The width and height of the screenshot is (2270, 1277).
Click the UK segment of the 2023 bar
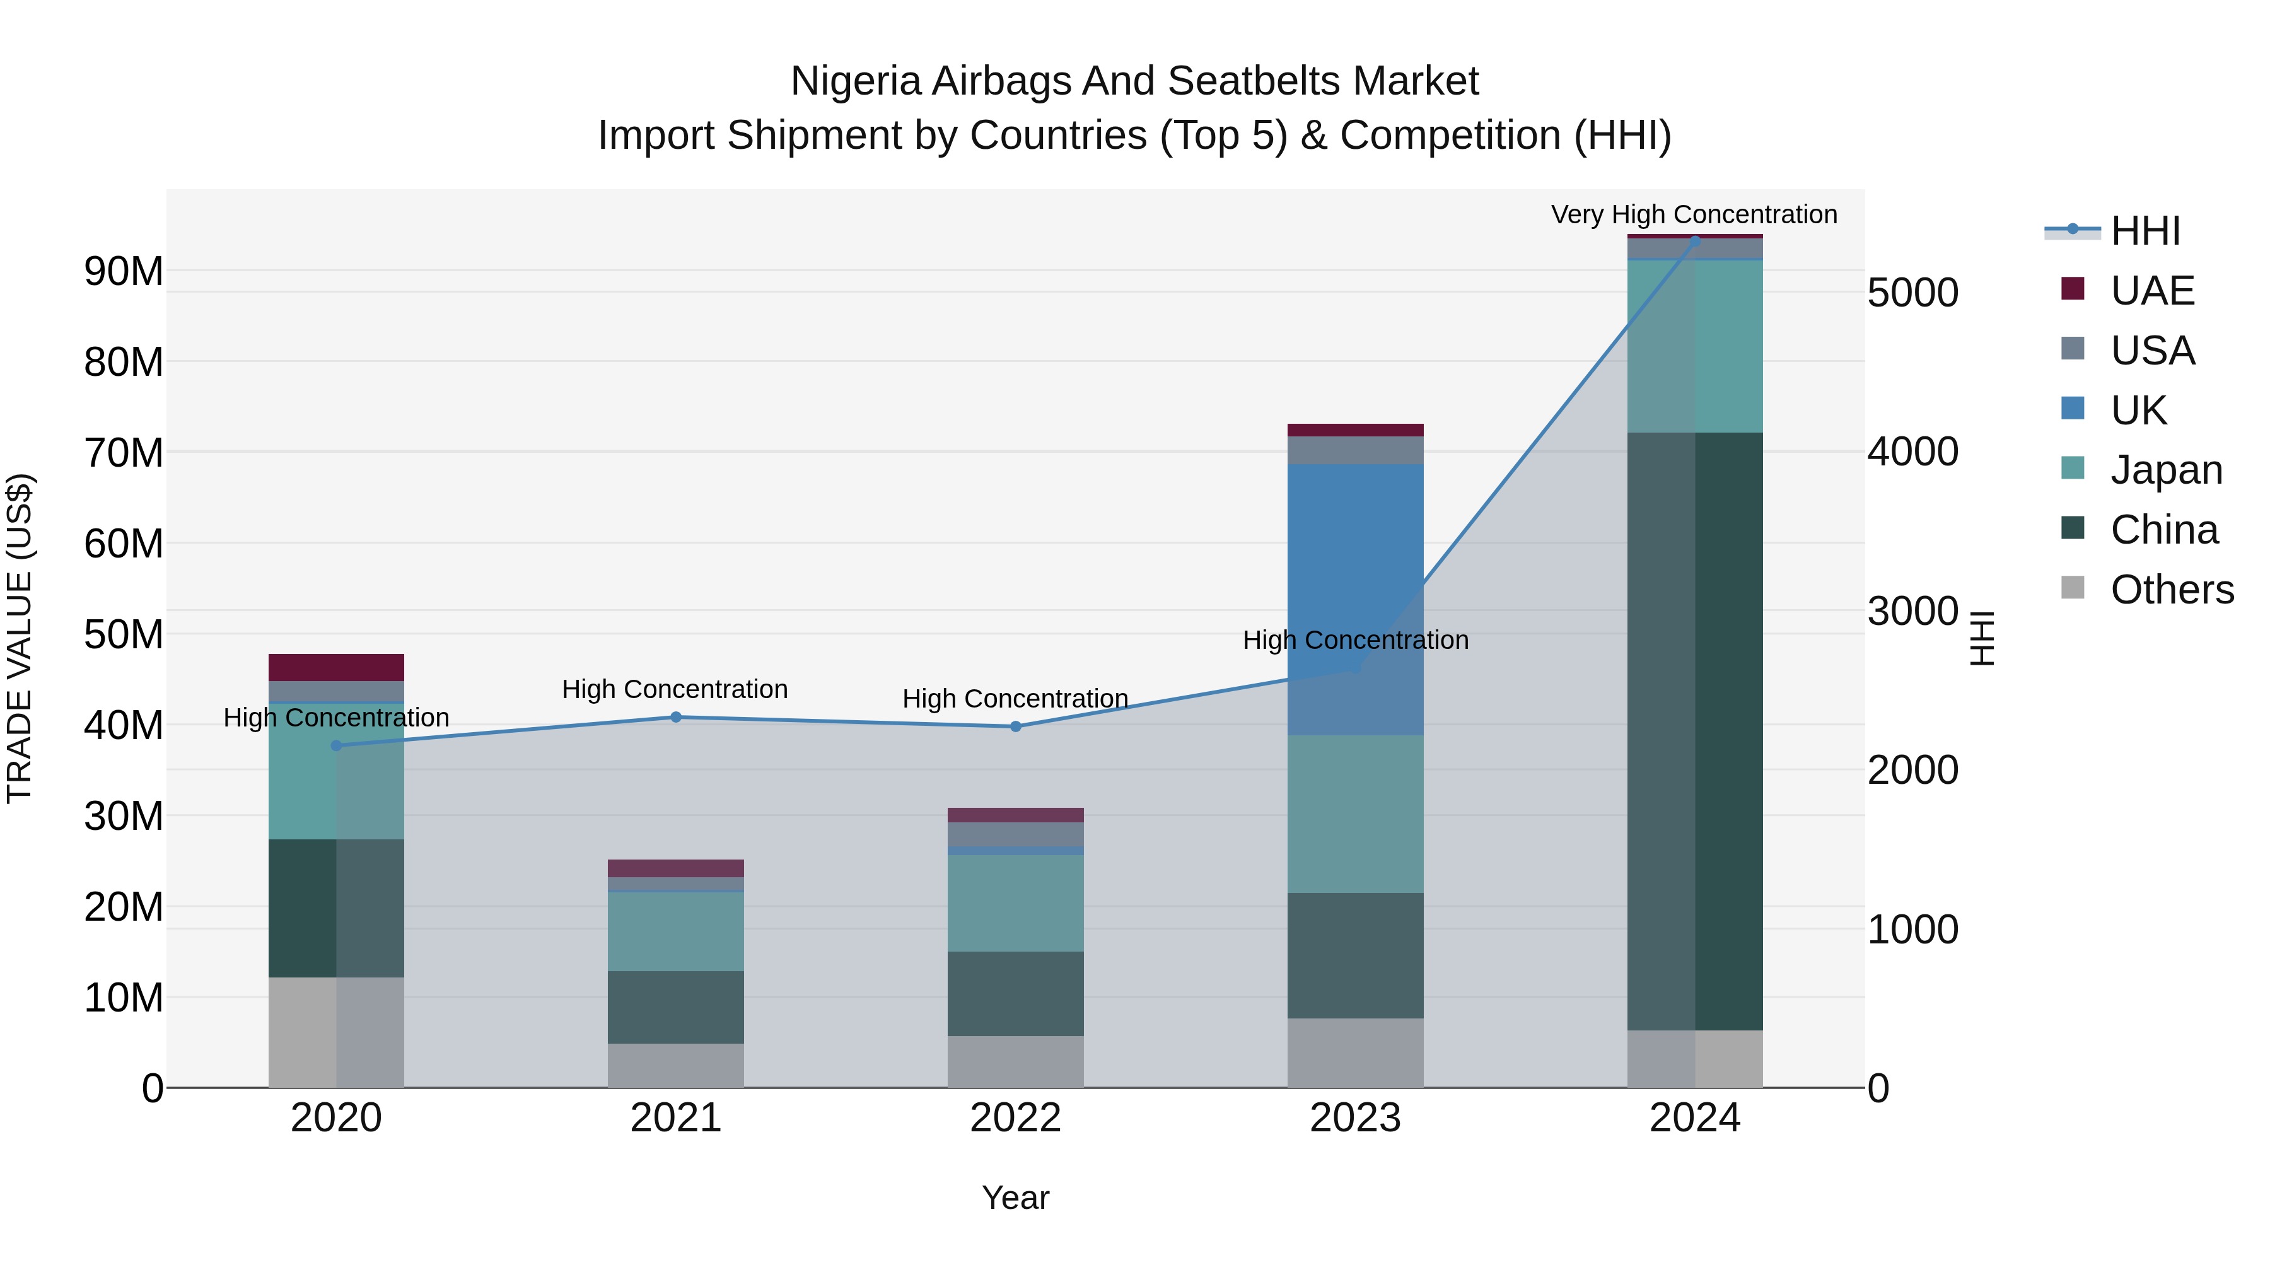1354,599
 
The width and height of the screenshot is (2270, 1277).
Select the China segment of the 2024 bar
1694,732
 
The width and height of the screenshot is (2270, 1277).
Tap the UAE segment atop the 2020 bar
335,667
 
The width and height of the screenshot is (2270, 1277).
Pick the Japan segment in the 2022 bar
1015,902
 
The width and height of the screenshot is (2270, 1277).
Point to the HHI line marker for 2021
676,718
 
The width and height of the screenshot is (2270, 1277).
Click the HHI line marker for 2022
1015,727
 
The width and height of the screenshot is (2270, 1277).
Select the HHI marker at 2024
1694,241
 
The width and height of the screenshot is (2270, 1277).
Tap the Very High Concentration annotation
1694,214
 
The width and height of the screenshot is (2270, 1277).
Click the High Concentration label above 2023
1355,640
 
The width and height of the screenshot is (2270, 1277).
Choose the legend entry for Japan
2166,470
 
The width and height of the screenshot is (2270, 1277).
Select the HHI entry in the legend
2145,231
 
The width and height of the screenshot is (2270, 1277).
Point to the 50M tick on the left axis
124,634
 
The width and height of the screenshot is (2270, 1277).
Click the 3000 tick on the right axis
1912,610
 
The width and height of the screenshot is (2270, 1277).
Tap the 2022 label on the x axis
1015,1118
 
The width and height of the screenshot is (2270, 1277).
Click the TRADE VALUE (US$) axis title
20,638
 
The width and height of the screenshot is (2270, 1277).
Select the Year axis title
1015,1198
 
